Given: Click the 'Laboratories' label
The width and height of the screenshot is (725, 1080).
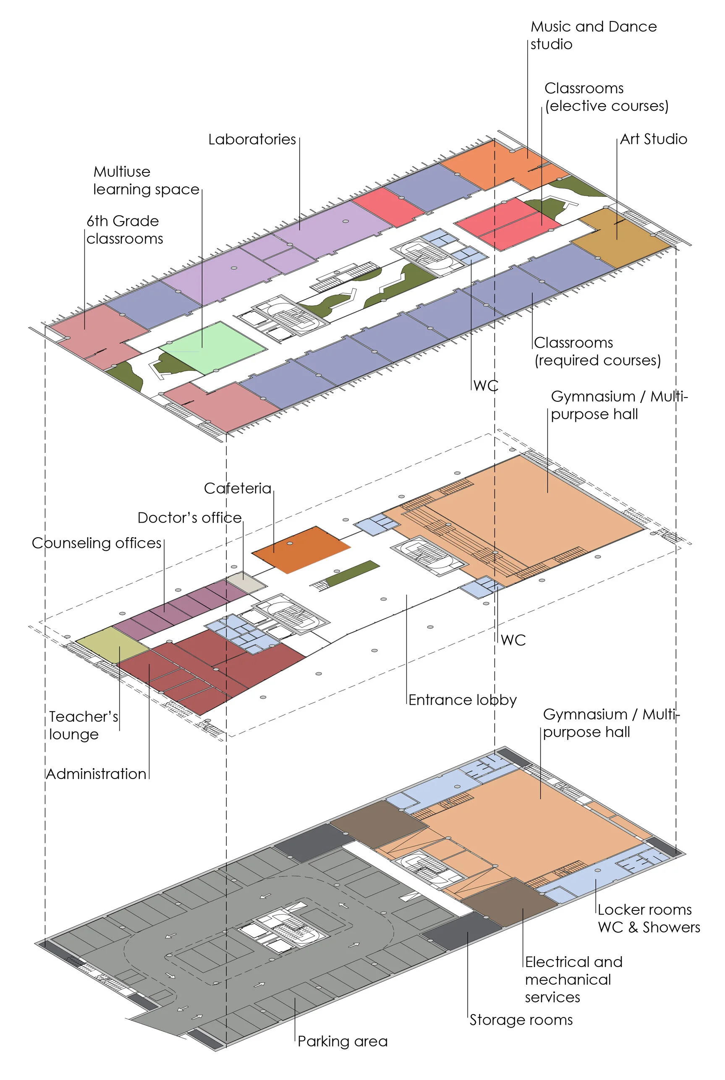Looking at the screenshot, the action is pos(252,139).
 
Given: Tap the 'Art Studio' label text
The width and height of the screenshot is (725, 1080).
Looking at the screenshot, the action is pos(653,139).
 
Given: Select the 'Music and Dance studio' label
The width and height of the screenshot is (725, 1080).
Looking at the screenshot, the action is pos(593,35).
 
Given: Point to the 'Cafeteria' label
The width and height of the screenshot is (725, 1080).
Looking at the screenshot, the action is pos(238,488).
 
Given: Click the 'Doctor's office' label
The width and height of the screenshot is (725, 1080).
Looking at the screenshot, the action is pos(190,518).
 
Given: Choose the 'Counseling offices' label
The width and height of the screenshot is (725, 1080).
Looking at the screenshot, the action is pos(97,543).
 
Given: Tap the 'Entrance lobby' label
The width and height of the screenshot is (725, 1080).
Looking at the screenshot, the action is pos(462,700).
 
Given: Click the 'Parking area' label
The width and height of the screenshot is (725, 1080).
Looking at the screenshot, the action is pos(343,1041).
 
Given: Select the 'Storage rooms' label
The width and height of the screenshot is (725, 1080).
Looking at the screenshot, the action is pos(521,1020).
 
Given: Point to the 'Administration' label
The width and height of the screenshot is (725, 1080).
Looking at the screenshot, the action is pos(96,774).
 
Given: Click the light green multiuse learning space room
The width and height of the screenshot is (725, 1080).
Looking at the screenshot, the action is pos(213,347).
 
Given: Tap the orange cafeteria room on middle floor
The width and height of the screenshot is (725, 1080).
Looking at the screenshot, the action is pos(301,549).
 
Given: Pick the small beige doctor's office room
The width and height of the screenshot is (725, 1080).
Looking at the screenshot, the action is pos(246,582).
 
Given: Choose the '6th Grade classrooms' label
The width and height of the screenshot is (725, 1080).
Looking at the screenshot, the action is pos(124,230).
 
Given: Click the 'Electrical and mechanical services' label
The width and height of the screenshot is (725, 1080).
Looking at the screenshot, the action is pos(573,979).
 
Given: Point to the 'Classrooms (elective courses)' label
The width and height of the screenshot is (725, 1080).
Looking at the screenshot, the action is pos(606,97).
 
